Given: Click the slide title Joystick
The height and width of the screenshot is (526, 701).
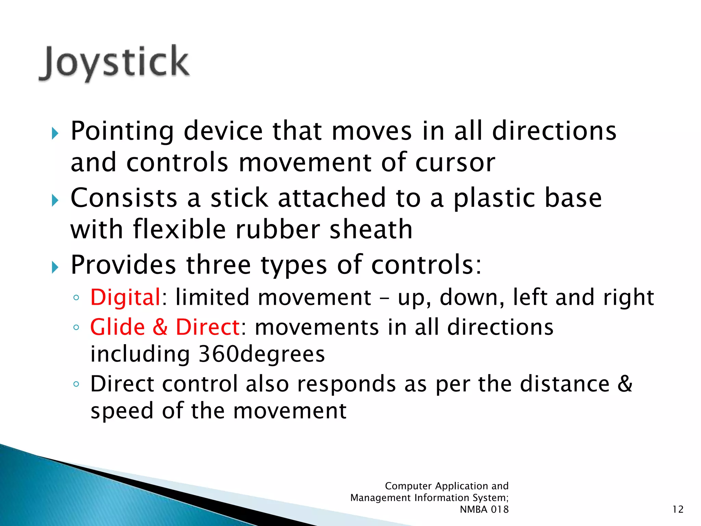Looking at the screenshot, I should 114,63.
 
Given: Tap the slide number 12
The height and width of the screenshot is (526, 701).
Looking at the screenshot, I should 678,510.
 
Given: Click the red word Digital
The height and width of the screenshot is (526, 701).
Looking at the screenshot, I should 125,297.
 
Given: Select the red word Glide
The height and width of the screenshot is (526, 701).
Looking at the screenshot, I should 117,327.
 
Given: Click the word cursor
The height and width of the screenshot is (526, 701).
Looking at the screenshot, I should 455,163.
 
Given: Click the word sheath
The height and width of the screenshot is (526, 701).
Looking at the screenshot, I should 371,229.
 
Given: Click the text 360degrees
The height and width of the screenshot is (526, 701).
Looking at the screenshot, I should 262,354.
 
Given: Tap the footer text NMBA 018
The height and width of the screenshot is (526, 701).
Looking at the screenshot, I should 484,510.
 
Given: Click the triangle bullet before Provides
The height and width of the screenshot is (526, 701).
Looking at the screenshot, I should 55,267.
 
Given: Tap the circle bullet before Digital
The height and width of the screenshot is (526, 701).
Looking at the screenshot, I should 76,298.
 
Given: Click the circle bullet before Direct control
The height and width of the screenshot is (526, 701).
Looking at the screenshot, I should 76,384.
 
